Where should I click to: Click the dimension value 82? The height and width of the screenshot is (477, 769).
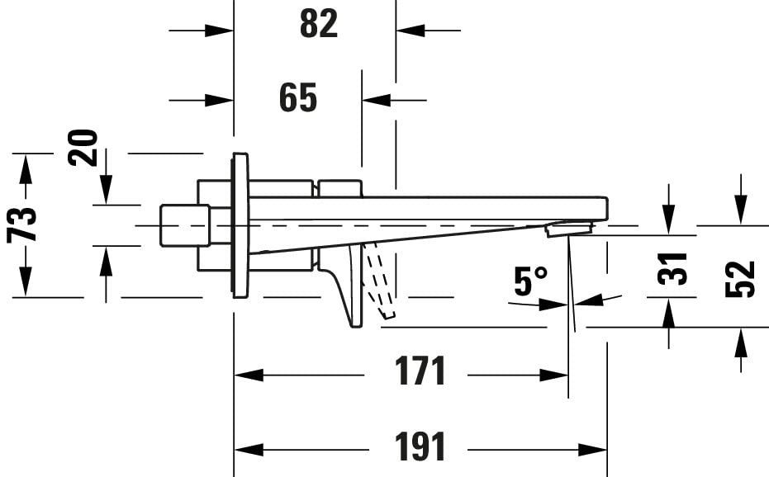pyautogui.click(x=319, y=24)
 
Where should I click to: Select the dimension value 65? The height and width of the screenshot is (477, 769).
pyautogui.click(x=298, y=97)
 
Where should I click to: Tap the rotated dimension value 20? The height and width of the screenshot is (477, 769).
pyautogui.click(x=83, y=148)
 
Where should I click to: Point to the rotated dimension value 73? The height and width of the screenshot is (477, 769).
pyautogui.click(x=22, y=225)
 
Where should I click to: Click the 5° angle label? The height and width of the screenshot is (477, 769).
pyautogui.click(x=530, y=281)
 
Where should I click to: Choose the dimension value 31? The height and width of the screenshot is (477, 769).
pyautogui.click(x=672, y=269)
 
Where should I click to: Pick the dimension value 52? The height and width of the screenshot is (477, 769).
pyautogui.click(x=739, y=280)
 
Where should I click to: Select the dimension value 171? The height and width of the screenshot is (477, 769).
pyautogui.click(x=420, y=371)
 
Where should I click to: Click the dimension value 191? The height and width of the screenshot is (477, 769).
pyautogui.click(x=420, y=446)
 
